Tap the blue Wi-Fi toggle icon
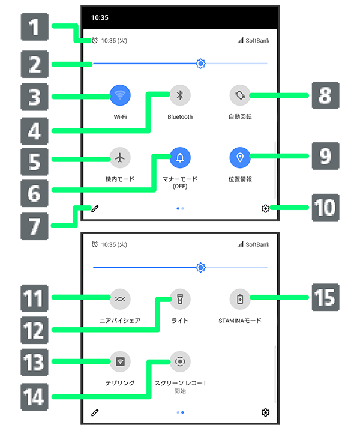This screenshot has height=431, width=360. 120,95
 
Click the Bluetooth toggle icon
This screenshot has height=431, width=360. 180,95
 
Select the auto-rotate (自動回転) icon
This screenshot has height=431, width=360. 240,95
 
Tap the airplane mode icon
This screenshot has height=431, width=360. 120,157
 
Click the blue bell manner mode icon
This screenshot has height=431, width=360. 180,157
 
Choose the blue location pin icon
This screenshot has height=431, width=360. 240,157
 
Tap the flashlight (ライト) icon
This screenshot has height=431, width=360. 180,298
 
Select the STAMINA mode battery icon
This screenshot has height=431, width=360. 240,298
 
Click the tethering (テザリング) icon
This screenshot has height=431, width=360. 120,361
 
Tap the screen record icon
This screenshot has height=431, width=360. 180,361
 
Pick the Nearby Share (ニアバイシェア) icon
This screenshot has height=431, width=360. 120,298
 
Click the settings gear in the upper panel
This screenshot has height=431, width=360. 265,208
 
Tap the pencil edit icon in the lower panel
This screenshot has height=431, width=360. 95,412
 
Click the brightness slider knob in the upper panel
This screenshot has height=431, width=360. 201,63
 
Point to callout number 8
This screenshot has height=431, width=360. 324,95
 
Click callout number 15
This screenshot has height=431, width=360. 324,297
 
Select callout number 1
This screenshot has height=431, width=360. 35,27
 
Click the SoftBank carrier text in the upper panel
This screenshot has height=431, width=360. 257,41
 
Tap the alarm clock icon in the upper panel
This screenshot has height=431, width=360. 95,41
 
